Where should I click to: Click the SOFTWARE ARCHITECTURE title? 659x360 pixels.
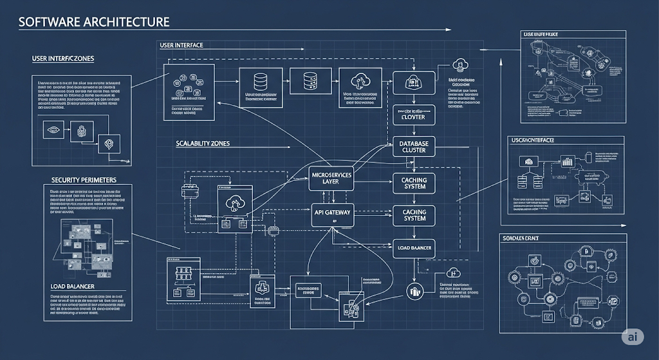click(x=94, y=22)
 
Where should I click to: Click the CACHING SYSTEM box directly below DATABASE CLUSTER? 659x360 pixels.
click(x=414, y=182)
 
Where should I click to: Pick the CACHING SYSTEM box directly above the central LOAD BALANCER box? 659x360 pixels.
click(x=414, y=215)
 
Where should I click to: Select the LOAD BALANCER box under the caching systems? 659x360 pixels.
click(x=414, y=248)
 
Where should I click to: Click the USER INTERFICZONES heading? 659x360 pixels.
click(x=63, y=59)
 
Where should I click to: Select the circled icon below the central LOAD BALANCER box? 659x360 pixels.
click(x=414, y=290)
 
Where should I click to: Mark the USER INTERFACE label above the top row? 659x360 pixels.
click(x=181, y=46)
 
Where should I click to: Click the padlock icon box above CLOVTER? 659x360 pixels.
click(x=413, y=82)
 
